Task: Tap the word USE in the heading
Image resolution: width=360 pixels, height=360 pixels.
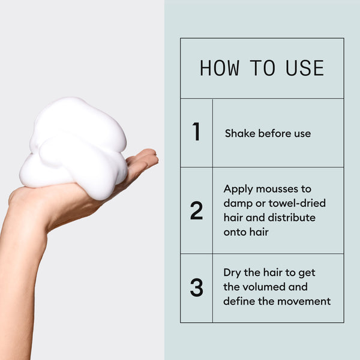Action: click(305, 68)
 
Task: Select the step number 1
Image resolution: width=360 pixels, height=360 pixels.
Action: click(196, 132)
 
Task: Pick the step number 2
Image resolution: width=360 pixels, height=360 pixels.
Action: click(196, 211)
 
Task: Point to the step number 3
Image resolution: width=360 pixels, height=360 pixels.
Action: click(196, 287)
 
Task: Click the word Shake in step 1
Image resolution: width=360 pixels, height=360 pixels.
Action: click(240, 133)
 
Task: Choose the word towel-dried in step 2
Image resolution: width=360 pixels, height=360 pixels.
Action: click(298, 203)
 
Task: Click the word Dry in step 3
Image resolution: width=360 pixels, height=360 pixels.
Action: click(233, 272)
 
